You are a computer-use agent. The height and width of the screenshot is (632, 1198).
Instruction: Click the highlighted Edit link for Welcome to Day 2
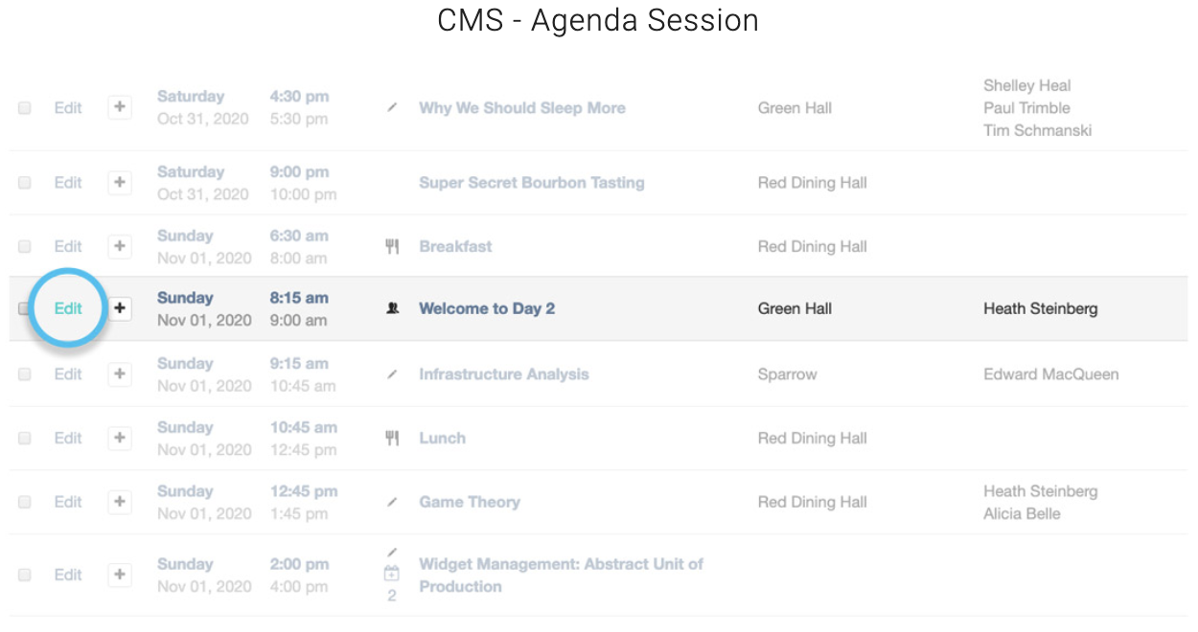coord(68,308)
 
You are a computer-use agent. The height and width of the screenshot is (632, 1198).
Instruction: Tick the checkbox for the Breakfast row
coord(25,246)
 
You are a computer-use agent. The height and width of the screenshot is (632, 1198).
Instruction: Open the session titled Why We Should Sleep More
coord(522,108)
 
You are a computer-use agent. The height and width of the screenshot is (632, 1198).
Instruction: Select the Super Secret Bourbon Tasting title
coord(532,183)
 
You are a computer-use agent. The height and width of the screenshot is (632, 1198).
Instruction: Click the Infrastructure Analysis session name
coord(504,374)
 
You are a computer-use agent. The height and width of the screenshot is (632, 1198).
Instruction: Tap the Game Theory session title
coord(470,502)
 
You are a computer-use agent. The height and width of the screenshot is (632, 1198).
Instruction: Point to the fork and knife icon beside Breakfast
coord(392,246)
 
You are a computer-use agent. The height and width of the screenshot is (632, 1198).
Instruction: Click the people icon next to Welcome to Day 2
coord(393,308)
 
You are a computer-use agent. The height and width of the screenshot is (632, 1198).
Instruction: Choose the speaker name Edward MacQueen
coord(1051,374)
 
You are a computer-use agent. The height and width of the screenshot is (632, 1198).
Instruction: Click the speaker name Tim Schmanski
coord(1038,130)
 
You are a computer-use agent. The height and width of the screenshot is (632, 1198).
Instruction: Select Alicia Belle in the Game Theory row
coord(1022,513)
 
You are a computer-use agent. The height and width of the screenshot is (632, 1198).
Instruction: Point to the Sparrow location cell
coord(787,374)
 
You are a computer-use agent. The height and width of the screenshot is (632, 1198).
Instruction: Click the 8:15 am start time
coord(299,298)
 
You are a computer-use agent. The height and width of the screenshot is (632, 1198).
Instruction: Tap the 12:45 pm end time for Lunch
coord(303,450)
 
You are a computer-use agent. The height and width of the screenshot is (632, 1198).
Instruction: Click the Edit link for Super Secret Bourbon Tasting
coord(68,183)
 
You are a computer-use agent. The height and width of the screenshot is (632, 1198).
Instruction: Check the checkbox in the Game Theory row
coord(25,502)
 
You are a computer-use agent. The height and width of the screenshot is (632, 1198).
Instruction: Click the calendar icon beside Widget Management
coord(391,574)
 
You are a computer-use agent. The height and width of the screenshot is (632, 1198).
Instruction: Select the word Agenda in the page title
coord(584,20)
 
